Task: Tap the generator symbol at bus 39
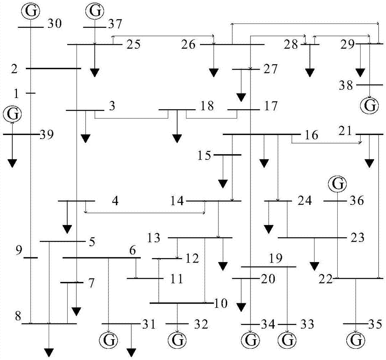point(12,114)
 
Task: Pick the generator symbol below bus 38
point(370,105)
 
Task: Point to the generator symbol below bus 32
point(177,340)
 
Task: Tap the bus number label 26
point(189,45)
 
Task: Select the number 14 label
point(177,201)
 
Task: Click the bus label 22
point(326,279)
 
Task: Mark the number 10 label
point(221,304)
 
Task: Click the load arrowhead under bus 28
point(309,73)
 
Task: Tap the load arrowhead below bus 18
point(177,138)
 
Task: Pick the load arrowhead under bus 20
point(241,307)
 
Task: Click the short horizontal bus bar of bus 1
point(30,93)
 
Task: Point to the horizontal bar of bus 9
point(31,257)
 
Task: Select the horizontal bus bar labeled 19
point(268,267)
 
